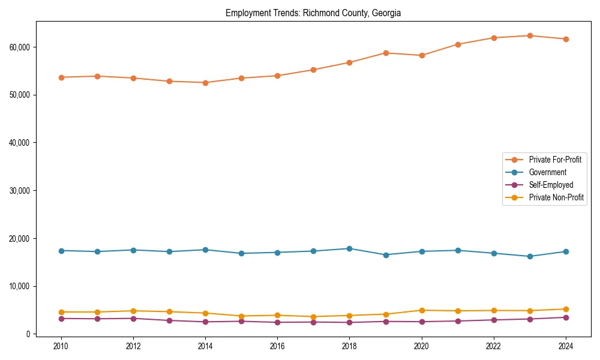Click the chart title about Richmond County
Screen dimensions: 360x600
click(x=313, y=13)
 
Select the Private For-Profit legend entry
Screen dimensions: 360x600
click(x=555, y=160)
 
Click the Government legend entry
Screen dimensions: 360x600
click(x=547, y=172)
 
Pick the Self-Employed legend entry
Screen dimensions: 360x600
click(x=551, y=185)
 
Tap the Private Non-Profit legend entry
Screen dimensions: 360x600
click(x=556, y=197)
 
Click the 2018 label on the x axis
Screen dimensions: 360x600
click(x=349, y=346)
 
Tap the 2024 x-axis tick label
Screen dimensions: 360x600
click(x=566, y=346)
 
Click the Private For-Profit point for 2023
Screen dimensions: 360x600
click(x=530, y=36)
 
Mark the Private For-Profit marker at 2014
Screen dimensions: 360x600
click(x=205, y=83)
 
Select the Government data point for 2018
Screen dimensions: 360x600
click(x=349, y=248)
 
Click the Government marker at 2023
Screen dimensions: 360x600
click(x=530, y=256)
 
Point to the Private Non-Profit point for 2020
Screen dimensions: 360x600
click(x=422, y=310)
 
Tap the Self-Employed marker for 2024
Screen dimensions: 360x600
click(x=566, y=317)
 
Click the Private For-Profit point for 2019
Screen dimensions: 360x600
click(x=386, y=53)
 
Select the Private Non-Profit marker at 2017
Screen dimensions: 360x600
click(x=313, y=317)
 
